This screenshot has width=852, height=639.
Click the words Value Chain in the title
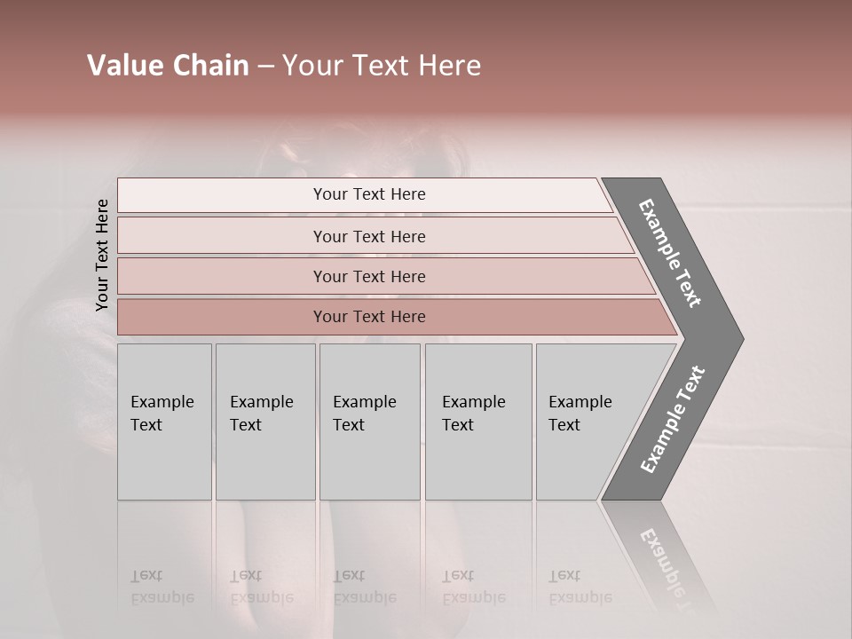pos(168,66)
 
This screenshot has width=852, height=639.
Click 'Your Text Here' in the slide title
pos(382,66)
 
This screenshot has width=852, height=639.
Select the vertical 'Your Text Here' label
pos(102,255)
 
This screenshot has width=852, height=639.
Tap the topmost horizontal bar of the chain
pos(368,194)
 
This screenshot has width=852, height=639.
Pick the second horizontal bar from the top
pos(368,236)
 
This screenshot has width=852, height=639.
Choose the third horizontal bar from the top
pos(368,276)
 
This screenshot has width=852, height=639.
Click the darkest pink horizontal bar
pos(368,317)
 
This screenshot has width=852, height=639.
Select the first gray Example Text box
pos(164,422)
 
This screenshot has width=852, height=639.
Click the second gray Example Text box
pos(264,422)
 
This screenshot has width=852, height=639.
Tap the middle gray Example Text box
pos(369,422)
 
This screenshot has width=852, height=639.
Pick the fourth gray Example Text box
pos(477,422)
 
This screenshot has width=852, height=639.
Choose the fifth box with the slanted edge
pos(586,422)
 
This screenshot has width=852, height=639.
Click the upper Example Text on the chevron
pos(671,253)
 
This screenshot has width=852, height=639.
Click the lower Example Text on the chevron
pos(673,420)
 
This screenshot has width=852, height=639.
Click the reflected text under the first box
pos(162,587)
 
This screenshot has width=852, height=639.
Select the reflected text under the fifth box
pos(580,587)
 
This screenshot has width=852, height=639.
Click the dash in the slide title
pos(265,67)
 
